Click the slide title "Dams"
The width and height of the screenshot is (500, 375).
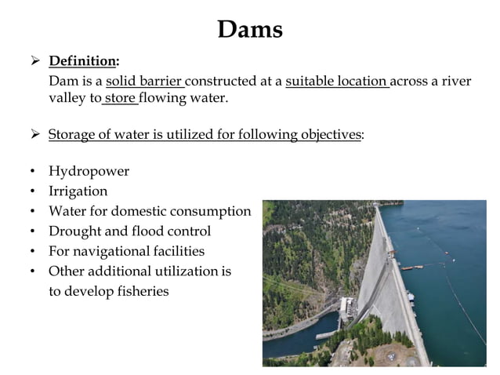coord(249,30)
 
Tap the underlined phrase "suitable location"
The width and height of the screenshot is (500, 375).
coord(336,81)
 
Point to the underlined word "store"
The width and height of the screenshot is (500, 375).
coord(120,99)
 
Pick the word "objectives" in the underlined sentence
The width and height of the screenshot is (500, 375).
coord(331,134)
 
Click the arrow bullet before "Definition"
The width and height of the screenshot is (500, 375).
coord(34,61)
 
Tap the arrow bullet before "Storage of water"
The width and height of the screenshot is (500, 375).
coord(34,134)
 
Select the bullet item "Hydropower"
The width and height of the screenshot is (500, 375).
coord(89,171)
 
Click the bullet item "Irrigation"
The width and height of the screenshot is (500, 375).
coord(78,191)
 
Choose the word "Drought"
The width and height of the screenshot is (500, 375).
coord(74,231)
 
